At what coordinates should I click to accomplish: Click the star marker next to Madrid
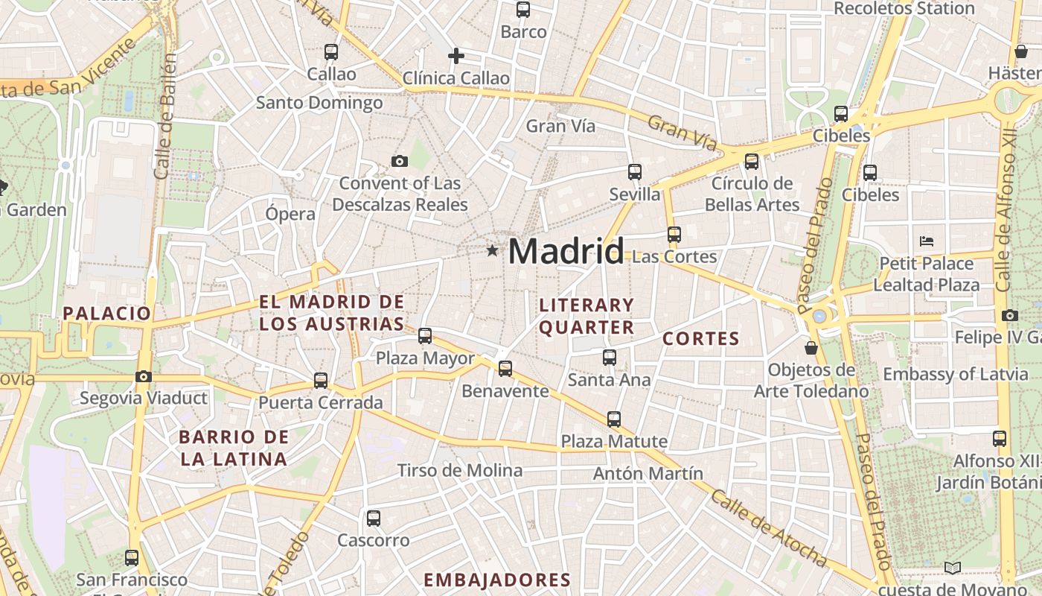(x=492, y=251)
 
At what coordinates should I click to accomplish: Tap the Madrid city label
(x=566, y=251)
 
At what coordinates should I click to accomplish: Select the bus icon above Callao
(x=331, y=52)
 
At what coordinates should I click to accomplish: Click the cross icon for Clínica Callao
(x=456, y=56)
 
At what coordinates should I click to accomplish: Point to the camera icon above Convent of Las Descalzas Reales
(x=400, y=161)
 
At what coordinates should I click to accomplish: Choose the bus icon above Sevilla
(x=635, y=172)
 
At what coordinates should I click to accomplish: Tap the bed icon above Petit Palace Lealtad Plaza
(x=927, y=241)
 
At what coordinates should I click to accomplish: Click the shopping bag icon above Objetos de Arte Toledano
(x=811, y=348)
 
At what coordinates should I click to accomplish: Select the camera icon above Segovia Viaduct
(x=144, y=376)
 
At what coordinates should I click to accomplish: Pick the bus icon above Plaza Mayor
(x=425, y=336)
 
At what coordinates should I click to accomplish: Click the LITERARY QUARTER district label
(x=586, y=316)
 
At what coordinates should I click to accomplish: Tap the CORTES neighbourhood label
(x=701, y=339)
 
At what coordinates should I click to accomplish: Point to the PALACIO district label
(x=107, y=313)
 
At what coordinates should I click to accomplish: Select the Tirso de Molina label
(x=460, y=470)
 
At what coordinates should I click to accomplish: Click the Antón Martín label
(x=648, y=473)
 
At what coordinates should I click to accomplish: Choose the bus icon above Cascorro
(x=374, y=518)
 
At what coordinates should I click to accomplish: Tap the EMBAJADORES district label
(x=497, y=580)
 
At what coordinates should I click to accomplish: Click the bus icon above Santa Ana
(x=610, y=358)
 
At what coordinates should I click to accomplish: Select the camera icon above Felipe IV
(x=1010, y=315)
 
